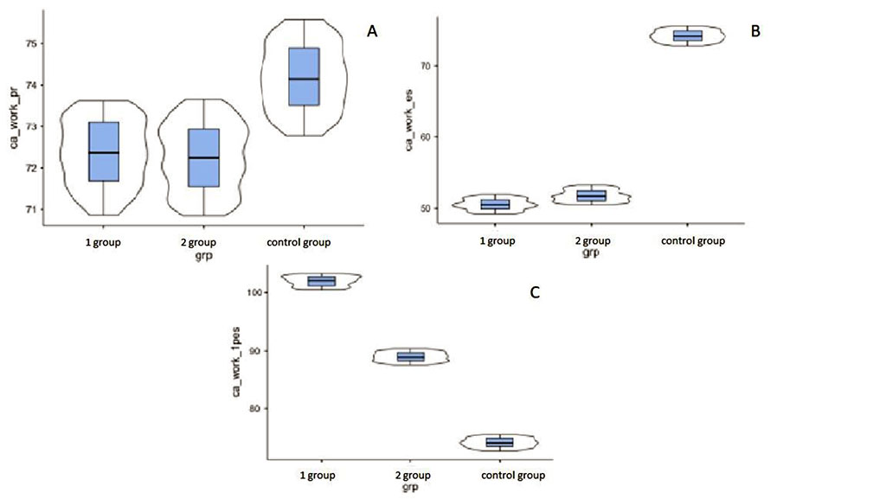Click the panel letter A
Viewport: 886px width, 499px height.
tap(373, 31)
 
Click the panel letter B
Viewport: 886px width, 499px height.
tap(755, 31)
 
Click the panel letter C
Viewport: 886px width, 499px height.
tap(535, 292)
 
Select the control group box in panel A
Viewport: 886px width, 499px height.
tap(304, 77)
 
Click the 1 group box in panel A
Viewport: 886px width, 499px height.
tap(104, 152)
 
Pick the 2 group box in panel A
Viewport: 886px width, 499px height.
tap(203, 157)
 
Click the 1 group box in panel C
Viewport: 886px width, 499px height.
tap(321, 281)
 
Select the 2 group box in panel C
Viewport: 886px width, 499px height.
tap(410, 356)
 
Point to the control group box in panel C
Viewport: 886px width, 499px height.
tap(499, 442)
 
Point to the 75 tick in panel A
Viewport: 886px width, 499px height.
tap(30, 43)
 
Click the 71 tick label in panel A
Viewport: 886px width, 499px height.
tap(30, 209)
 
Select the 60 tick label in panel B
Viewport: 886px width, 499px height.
tap(425, 137)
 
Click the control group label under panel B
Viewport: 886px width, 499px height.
tap(693, 241)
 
